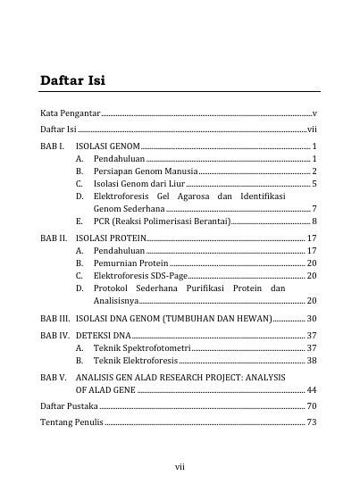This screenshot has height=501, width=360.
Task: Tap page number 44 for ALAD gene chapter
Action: click(311, 390)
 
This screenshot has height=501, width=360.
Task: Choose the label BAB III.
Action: click(55, 318)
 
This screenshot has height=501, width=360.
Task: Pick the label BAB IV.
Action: click(54, 334)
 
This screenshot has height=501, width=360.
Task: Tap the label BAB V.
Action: click(54, 378)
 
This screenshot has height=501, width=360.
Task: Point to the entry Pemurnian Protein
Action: click(130, 263)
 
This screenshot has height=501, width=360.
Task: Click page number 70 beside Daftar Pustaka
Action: click(311, 406)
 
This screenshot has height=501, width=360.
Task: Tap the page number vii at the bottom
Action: click(180, 464)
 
